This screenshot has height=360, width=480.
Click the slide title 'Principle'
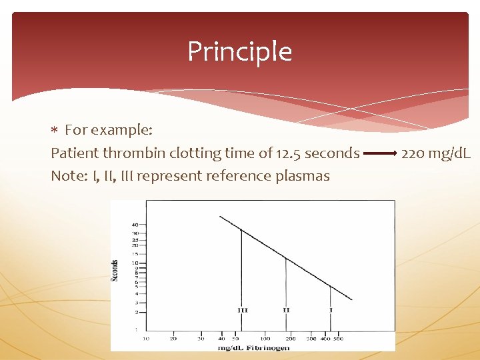(x=239, y=52)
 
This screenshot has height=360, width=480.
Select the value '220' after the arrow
(x=413, y=153)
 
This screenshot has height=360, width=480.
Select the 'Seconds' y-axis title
(x=115, y=270)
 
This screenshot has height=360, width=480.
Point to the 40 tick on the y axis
(x=135, y=225)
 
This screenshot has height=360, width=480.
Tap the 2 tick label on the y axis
(x=136, y=312)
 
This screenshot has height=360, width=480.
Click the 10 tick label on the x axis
(x=147, y=339)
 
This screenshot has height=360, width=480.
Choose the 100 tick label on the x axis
(x=265, y=339)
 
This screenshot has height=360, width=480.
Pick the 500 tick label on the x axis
(x=338, y=339)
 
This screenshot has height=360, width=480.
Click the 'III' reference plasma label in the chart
(x=243, y=310)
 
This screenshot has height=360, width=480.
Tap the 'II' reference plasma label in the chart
(x=286, y=310)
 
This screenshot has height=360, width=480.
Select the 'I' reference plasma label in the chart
(x=331, y=310)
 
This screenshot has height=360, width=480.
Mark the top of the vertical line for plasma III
(x=241, y=231)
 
